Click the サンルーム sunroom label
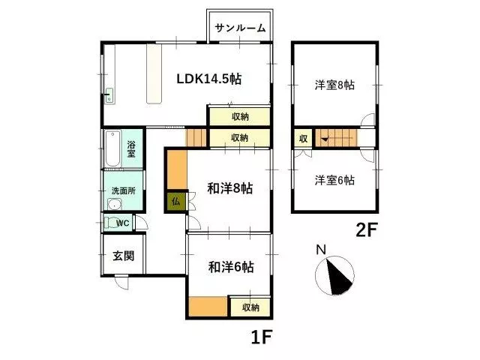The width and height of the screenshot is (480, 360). point(240,28)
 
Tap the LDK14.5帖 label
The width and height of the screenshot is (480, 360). point(209,79)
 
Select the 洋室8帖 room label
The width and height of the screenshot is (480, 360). point(334,85)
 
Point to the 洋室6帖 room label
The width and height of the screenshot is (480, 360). point(334,180)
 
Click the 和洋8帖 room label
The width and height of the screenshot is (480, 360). point(230,188)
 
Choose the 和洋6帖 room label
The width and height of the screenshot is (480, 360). point(231,267)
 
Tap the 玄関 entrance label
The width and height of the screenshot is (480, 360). point(123,256)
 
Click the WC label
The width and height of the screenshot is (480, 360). point(122,223)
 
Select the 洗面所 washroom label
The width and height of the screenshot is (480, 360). point(123,190)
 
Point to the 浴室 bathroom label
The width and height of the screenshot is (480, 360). point(131,148)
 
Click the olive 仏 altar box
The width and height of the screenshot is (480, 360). point(176,202)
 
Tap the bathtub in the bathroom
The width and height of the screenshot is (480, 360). point(112,148)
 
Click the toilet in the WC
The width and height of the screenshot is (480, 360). point(109,223)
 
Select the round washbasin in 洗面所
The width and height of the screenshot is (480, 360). point(115,204)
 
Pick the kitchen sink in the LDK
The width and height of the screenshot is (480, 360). point(109,96)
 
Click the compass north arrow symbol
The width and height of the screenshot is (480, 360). point(334,274)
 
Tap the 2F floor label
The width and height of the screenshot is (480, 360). point(367,230)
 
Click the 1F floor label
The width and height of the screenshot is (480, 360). point(262,337)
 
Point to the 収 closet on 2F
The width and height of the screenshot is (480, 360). point(303,138)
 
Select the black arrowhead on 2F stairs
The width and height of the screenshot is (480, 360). point(325,139)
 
